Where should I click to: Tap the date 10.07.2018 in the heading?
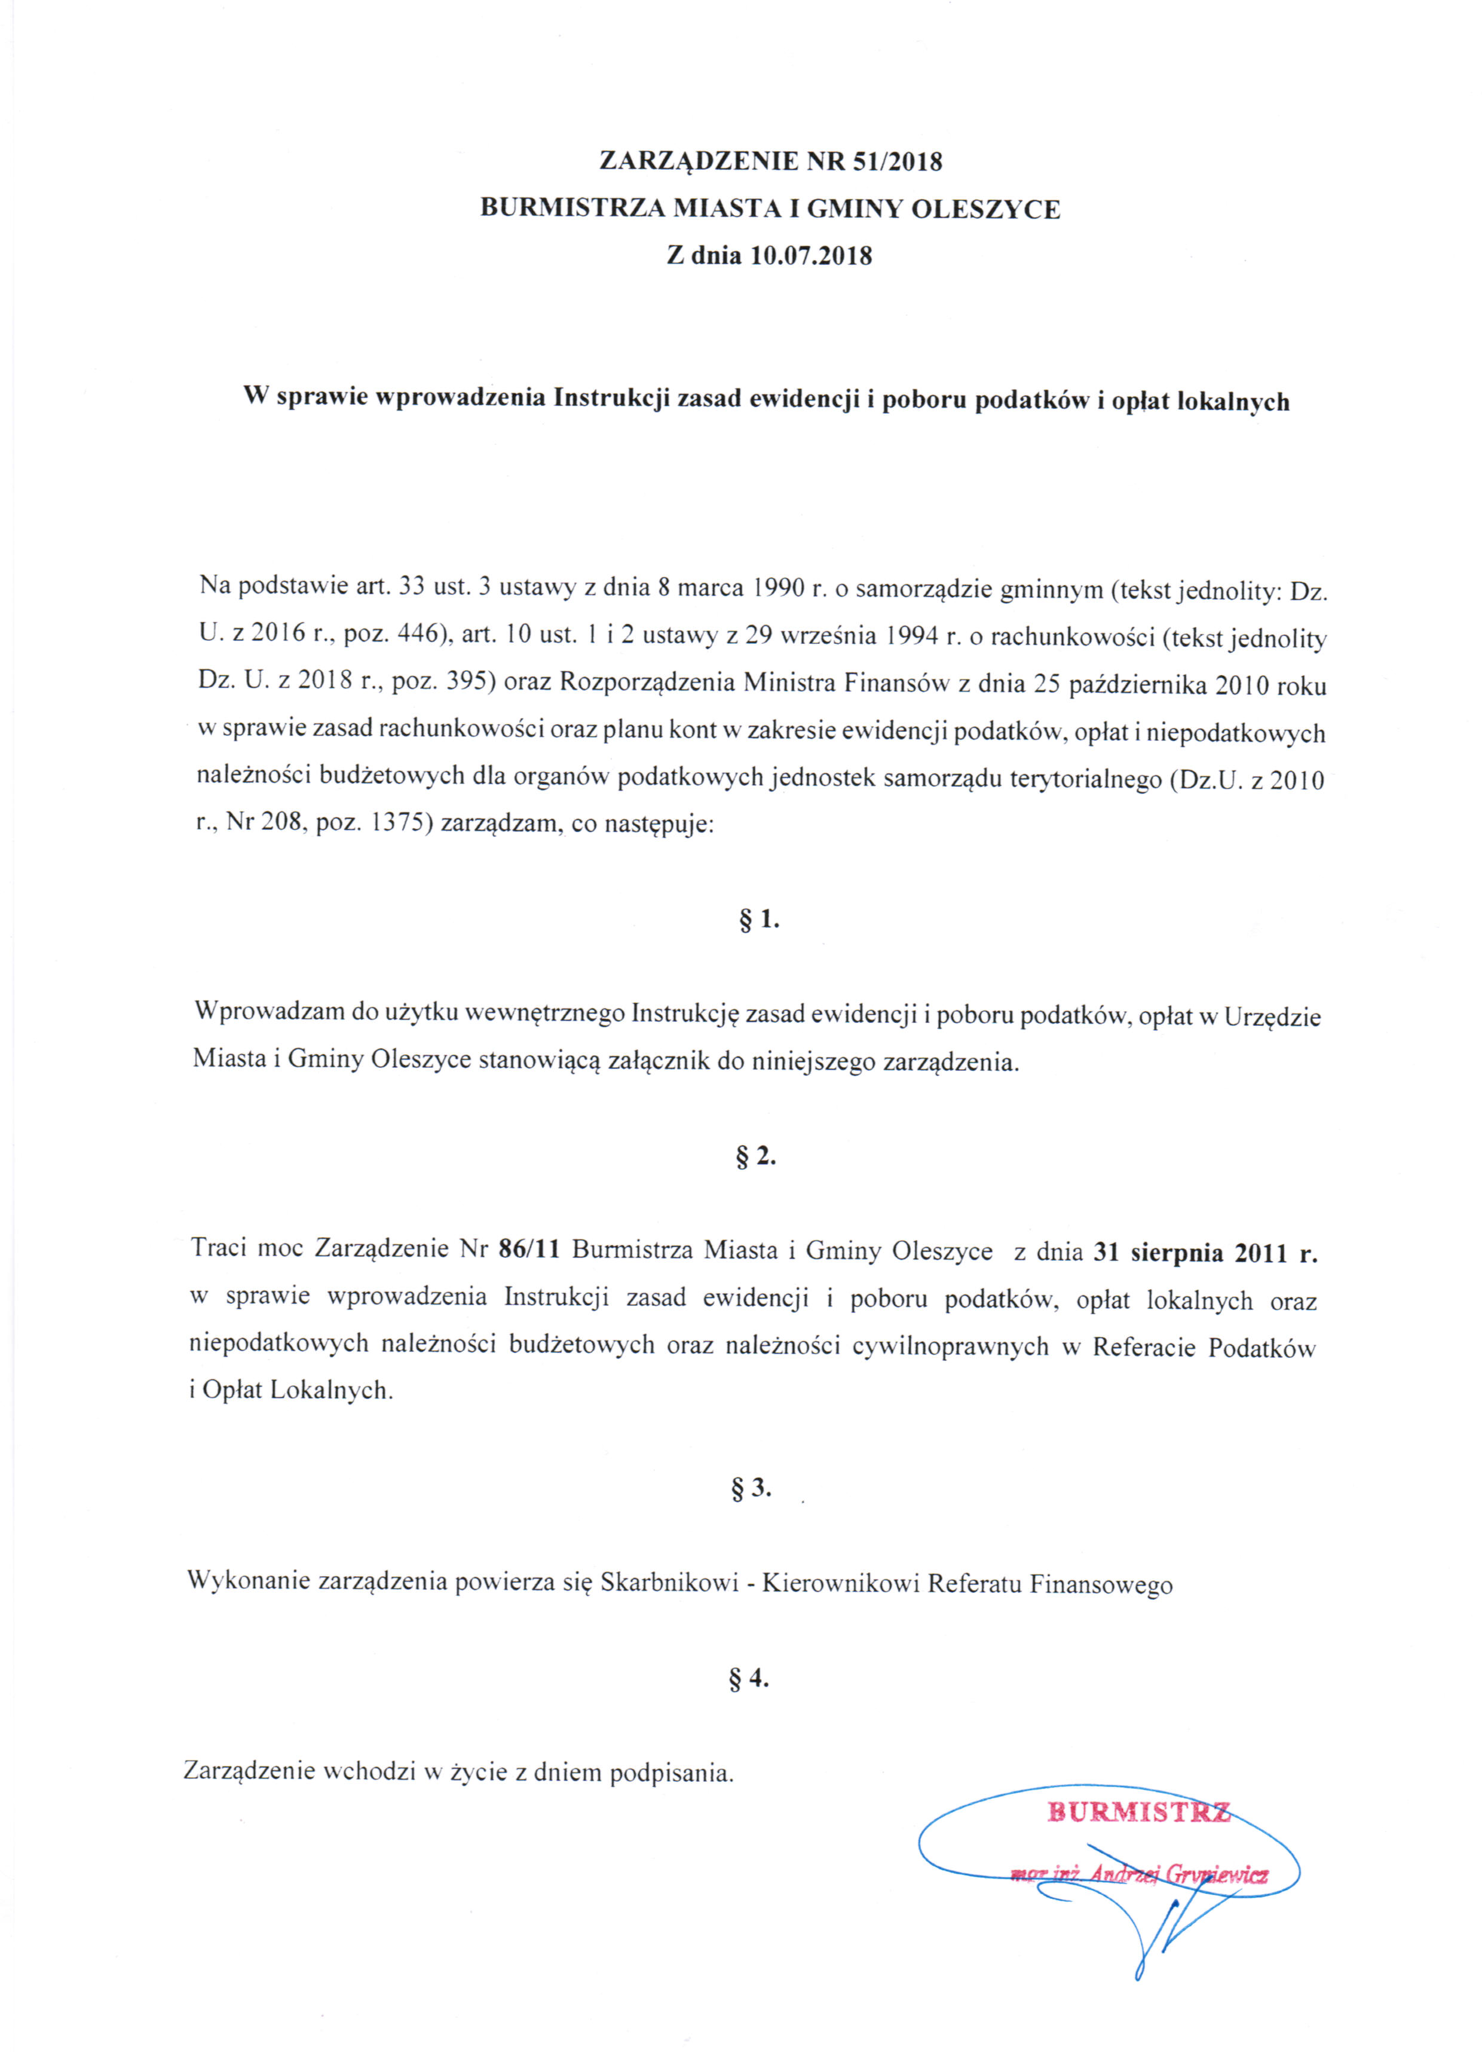coord(811,255)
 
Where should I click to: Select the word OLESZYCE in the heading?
coord(985,209)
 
